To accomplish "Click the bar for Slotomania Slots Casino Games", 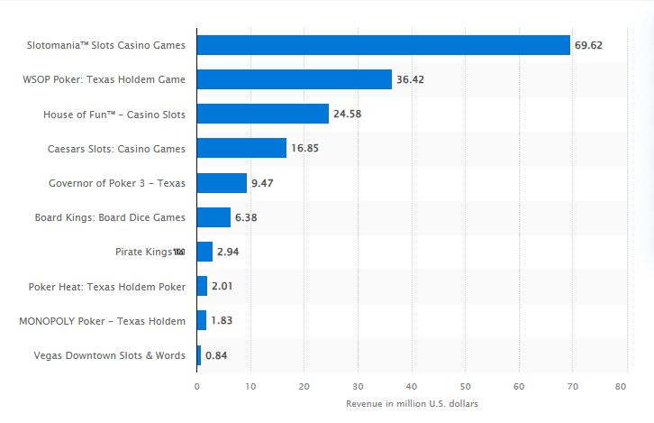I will pyautogui.click(x=384, y=45).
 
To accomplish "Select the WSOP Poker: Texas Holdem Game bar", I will pyautogui.click(x=295, y=79).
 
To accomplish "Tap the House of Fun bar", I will pyautogui.click(x=263, y=114).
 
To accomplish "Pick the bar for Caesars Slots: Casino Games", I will pyautogui.click(x=241, y=148).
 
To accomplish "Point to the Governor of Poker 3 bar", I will pyautogui.click(x=222, y=183).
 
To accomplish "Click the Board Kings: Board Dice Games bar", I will pyautogui.click(x=213, y=217).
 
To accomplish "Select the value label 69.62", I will pyautogui.click(x=589, y=45).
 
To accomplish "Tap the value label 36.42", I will pyautogui.click(x=410, y=79).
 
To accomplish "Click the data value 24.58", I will pyautogui.click(x=347, y=114).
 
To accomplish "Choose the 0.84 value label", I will pyautogui.click(x=216, y=355).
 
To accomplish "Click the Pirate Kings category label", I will pyautogui.click(x=150, y=252).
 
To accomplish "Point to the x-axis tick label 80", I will pyautogui.click(x=621, y=386).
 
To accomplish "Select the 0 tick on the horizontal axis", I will pyautogui.click(x=197, y=386).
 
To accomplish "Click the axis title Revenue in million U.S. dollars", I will pyautogui.click(x=412, y=404).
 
